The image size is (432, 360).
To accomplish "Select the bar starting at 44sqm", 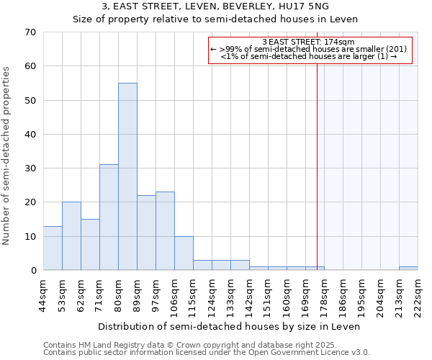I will tap(53, 248).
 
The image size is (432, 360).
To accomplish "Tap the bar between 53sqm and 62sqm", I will tap(71, 236).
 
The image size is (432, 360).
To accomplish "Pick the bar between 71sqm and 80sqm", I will tap(109, 217).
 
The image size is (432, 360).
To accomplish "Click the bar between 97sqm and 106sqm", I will tap(165, 231).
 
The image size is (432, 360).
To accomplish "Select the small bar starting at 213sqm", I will tap(408, 269).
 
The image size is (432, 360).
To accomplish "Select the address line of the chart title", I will tap(215, 6).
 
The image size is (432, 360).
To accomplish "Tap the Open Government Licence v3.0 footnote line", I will tap(207, 353).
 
